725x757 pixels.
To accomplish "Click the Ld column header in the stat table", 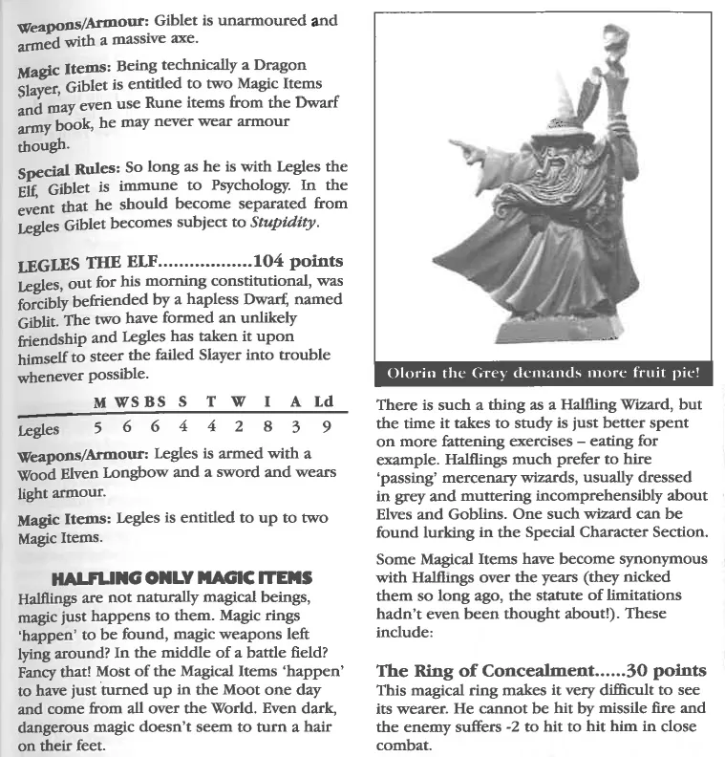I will pyautogui.click(x=328, y=403).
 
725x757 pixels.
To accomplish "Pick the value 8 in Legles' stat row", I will pyautogui.click(x=275, y=431).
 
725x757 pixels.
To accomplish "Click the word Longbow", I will pyautogui.click(x=154, y=474).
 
